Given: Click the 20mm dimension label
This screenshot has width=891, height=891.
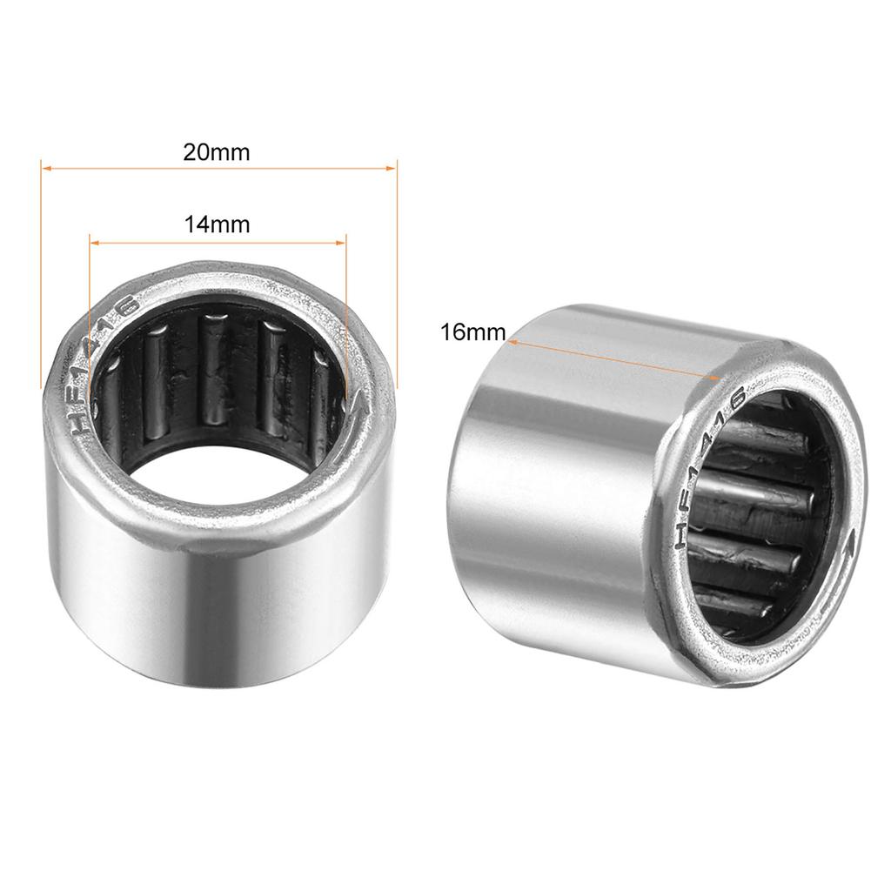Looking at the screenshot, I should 216,152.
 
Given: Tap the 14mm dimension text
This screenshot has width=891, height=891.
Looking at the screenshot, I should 217,224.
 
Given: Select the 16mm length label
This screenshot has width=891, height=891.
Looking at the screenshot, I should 472,332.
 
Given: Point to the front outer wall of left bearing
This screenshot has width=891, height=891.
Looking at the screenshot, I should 218,609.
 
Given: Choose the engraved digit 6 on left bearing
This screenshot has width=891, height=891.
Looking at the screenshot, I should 130,306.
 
